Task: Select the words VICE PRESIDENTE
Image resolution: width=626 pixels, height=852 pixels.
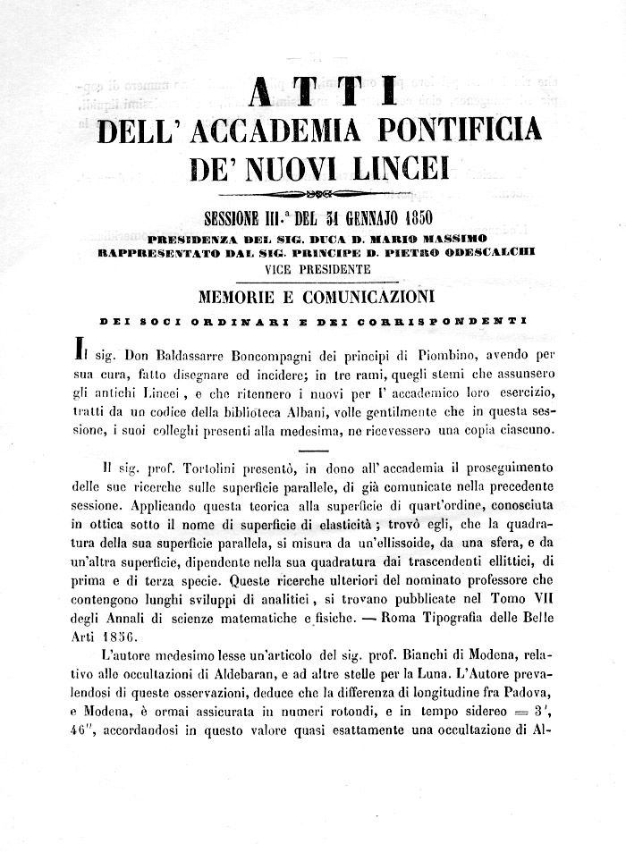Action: (317, 267)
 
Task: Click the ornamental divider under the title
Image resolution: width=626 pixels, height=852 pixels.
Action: (313, 193)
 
